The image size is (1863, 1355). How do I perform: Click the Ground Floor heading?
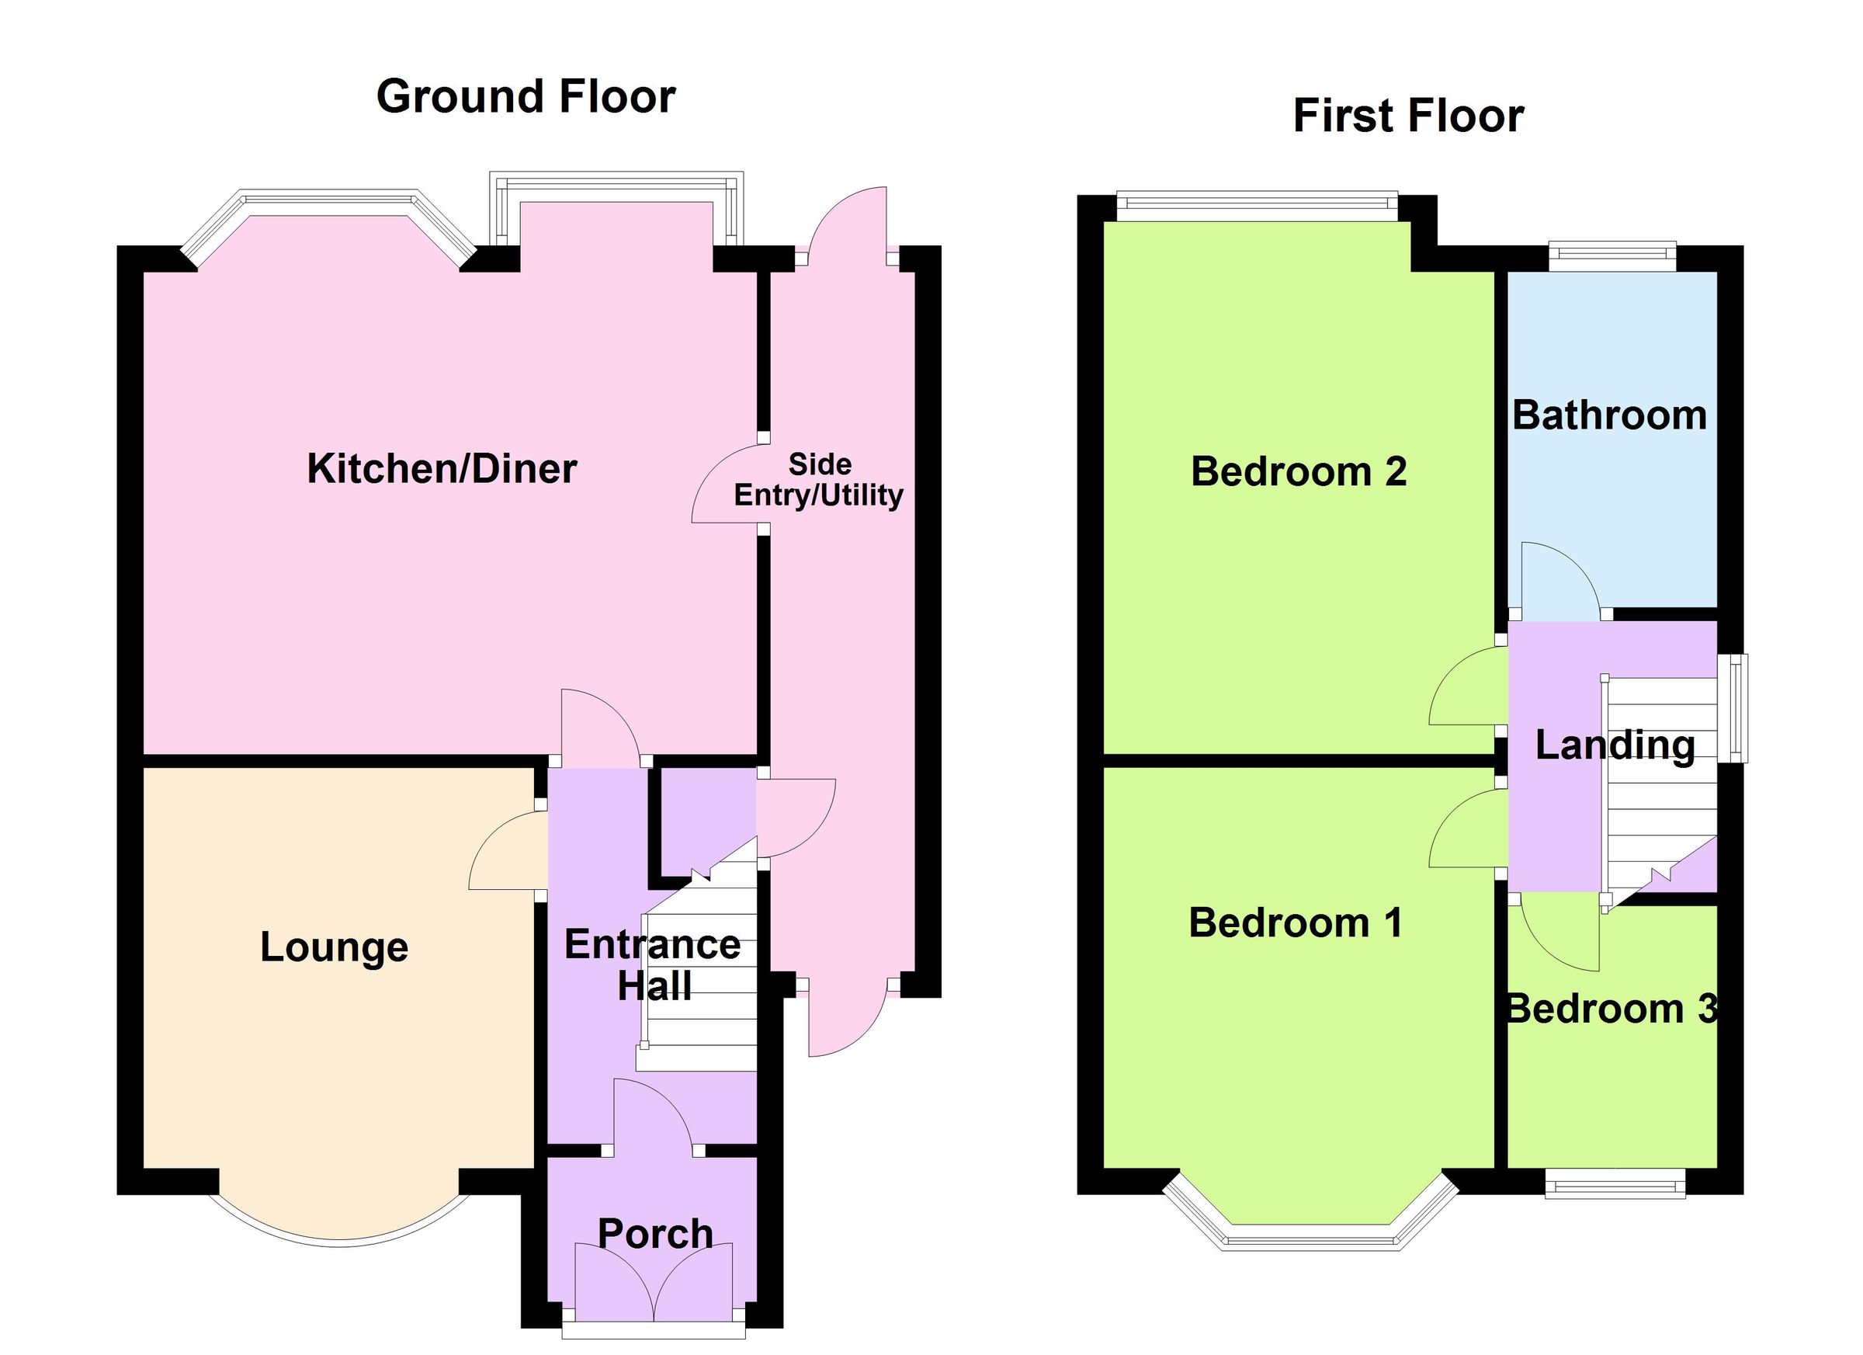click(x=526, y=97)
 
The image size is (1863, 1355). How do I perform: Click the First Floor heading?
click(x=1408, y=116)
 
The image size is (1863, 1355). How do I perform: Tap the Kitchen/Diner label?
click(x=442, y=469)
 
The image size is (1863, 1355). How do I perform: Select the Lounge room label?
click(x=335, y=947)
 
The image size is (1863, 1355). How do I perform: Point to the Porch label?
click(x=654, y=1234)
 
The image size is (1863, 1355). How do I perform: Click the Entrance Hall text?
click(x=653, y=965)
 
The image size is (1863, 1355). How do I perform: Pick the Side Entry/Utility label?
click(x=819, y=480)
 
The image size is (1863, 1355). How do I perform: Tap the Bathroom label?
click(x=1609, y=415)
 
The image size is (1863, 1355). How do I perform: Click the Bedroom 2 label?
click(x=1298, y=471)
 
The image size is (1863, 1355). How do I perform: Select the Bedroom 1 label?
click(x=1296, y=922)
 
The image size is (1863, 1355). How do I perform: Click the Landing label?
click(x=1615, y=745)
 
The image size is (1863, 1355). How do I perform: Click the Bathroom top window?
click(x=1611, y=255)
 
